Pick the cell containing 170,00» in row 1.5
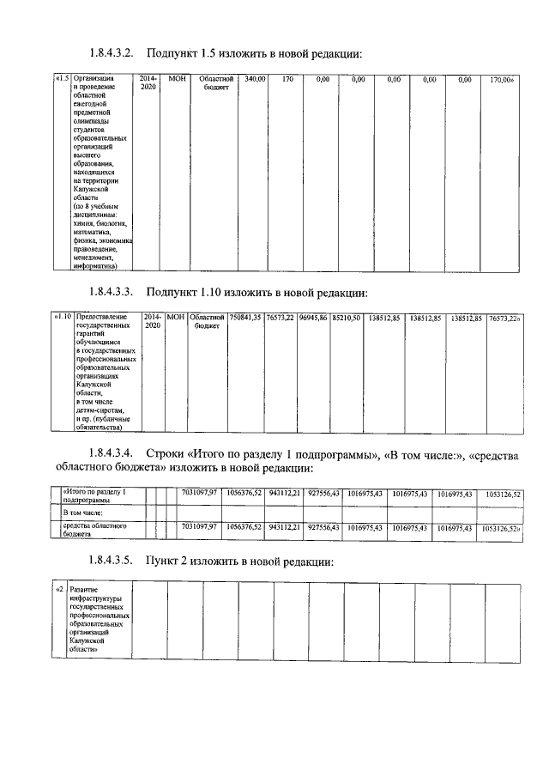point(501,80)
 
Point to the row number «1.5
point(61,80)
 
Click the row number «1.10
point(63,318)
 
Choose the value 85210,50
point(347,318)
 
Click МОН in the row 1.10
point(176,318)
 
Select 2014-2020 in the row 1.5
point(148,83)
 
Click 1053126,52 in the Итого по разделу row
point(503,494)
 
